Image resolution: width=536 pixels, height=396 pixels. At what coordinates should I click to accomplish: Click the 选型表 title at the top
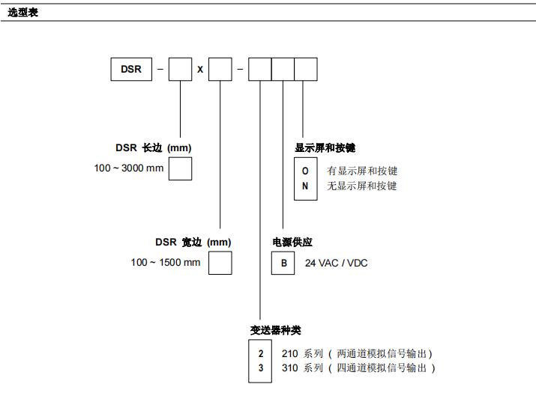point(22,13)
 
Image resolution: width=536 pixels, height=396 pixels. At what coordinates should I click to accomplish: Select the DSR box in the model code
point(130,69)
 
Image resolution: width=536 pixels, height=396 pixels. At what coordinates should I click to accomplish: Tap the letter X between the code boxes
point(200,70)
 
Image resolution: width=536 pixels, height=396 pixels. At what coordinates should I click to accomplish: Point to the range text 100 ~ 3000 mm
point(128,168)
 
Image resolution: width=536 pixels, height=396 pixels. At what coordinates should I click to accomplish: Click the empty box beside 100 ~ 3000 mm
point(180,168)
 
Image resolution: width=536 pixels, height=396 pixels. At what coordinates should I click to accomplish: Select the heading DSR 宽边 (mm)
point(193,243)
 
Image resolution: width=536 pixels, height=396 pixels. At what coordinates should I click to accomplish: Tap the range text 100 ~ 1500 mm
point(166,262)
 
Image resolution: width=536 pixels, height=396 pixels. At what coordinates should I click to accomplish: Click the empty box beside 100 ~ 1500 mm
point(220,263)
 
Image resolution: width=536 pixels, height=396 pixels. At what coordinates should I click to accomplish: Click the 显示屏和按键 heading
point(325,148)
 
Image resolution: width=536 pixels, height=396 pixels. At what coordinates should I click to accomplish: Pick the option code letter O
point(305,171)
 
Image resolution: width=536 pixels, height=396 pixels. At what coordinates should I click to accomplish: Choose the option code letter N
point(305,186)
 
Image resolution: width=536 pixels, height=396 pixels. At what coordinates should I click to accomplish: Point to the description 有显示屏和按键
point(362,171)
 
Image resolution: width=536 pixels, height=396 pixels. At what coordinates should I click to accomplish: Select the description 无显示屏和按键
point(362,186)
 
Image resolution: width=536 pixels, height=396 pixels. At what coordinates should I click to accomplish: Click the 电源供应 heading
point(292,243)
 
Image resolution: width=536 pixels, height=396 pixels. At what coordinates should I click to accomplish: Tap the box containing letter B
point(283,263)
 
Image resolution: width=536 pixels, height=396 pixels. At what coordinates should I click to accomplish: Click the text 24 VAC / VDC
point(336,263)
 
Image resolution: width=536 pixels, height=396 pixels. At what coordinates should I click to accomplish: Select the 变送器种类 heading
point(275,330)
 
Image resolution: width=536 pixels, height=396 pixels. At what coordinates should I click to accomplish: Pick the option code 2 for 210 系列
point(261,353)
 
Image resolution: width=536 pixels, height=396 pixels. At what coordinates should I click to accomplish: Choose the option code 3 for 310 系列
point(261,368)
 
